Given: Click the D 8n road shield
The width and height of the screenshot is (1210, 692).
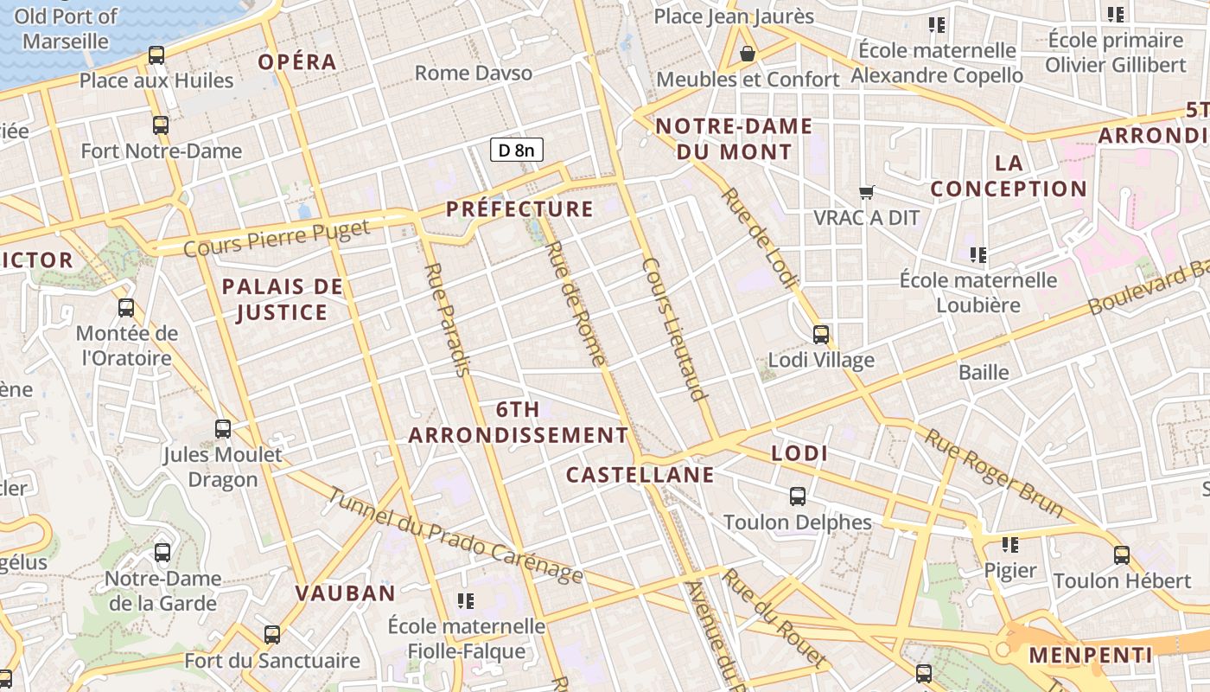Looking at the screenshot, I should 517,150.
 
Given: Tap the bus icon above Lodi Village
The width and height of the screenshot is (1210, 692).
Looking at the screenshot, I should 821,334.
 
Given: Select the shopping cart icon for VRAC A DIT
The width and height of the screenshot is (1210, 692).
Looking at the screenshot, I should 867,192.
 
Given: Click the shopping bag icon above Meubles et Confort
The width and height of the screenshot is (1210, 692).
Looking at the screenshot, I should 748,54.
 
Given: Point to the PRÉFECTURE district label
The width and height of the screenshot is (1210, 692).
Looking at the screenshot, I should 519,208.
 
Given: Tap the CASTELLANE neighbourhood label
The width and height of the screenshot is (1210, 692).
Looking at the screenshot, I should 640,474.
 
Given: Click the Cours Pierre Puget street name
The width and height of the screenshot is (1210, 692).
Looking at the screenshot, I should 277,238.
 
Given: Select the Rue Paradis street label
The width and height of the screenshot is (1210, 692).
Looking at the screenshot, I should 446,320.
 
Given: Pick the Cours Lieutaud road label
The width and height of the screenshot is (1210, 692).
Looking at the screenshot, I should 675,329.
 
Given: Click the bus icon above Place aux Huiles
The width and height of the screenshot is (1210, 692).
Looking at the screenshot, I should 156,55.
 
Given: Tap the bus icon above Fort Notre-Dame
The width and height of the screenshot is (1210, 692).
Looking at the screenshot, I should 161,125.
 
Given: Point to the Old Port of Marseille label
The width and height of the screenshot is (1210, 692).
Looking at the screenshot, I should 66,29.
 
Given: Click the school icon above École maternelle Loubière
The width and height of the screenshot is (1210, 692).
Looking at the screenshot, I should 978,255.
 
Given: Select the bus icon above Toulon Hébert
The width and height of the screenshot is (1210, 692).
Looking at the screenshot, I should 1122,555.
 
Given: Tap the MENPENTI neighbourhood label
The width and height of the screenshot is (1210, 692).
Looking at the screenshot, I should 1090,655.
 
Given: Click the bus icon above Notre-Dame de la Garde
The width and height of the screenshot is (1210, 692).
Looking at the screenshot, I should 162,553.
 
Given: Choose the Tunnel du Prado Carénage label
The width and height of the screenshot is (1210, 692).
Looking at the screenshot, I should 455,536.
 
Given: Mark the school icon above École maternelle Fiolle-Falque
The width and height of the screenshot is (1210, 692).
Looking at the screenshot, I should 466,600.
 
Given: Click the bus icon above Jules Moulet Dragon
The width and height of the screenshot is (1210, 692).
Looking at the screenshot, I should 223,428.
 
